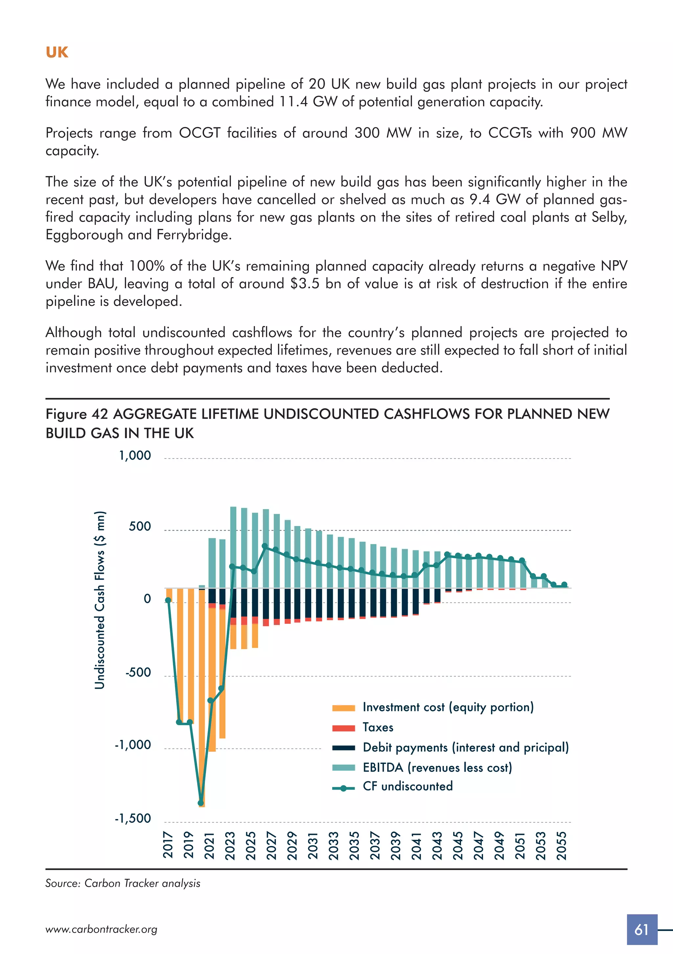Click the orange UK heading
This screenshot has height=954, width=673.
click(x=57, y=52)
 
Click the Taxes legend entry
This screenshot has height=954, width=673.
click(x=378, y=727)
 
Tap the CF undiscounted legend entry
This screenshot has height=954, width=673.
click(x=407, y=786)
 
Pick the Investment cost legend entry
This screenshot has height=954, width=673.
click(x=448, y=707)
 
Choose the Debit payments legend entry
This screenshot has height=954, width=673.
click(x=465, y=747)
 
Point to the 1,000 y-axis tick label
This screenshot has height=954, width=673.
click(x=135, y=455)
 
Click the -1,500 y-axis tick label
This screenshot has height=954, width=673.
click(x=133, y=818)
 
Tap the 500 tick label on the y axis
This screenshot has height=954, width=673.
click(x=139, y=527)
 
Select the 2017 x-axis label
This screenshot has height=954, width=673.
click(x=168, y=845)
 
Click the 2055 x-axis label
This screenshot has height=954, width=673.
click(x=562, y=845)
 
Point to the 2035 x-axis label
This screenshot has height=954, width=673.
click(x=354, y=845)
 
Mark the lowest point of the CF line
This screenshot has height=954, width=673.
click(x=201, y=803)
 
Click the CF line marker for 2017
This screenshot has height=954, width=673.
click(x=168, y=600)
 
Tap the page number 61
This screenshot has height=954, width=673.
click(x=641, y=929)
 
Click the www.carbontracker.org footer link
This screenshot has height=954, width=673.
click(x=101, y=929)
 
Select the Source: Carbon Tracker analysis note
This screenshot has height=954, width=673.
click(x=123, y=883)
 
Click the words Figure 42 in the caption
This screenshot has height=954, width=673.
click(x=77, y=414)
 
